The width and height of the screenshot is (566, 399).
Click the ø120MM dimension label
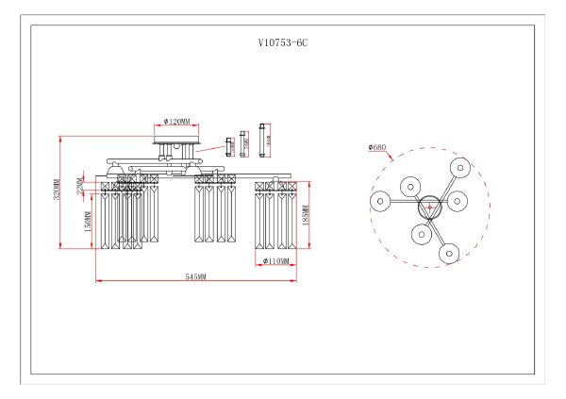(176, 122)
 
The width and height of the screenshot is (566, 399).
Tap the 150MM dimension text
(88, 222)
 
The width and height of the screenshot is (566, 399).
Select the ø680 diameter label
(377, 147)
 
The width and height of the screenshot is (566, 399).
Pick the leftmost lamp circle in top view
(378, 201)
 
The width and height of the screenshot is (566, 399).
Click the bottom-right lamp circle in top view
(449, 252)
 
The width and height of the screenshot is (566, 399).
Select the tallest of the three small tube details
(265, 140)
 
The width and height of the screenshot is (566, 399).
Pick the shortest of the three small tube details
(229, 144)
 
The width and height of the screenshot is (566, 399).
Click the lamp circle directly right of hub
(459, 201)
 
